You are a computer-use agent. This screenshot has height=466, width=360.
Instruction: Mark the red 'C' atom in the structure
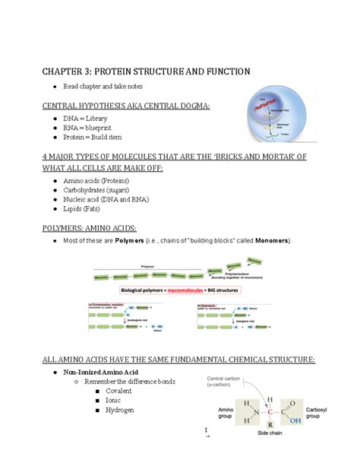[x=270, y=414]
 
